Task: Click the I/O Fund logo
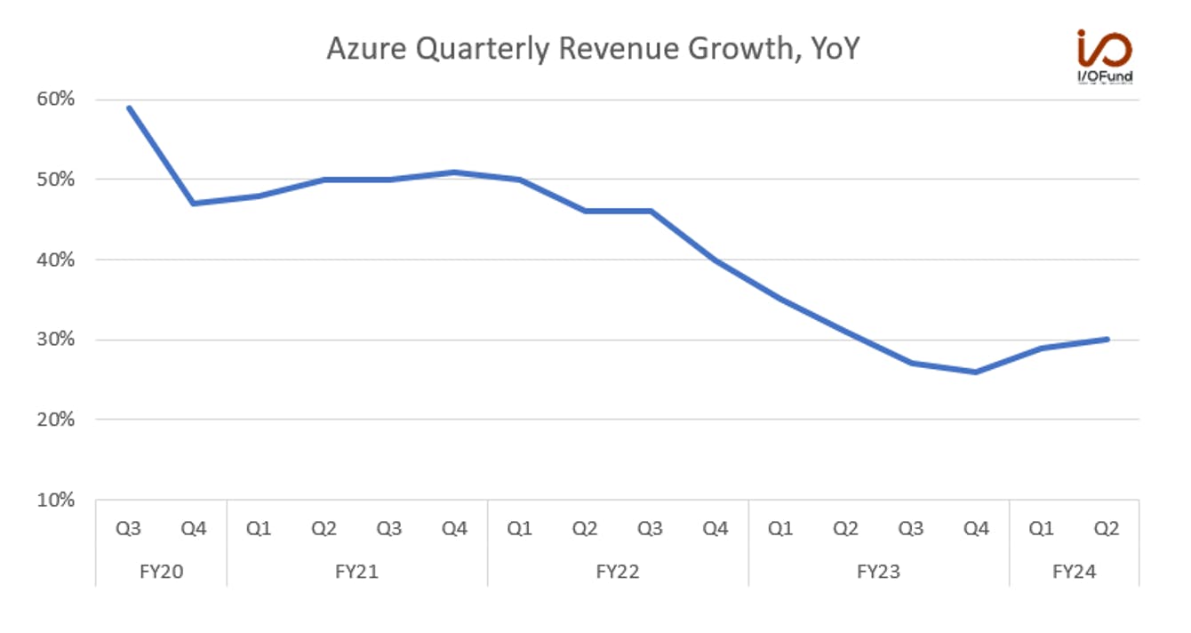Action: pyautogui.click(x=1105, y=56)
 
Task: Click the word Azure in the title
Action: pyautogui.click(x=366, y=48)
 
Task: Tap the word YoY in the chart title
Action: pyautogui.click(x=835, y=48)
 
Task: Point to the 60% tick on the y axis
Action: pyautogui.click(x=56, y=99)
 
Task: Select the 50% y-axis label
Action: pyautogui.click(x=56, y=180)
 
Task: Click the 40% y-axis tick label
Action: pyautogui.click(x=56, y=260)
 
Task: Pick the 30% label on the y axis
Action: pyautogui.click(x=56, y=340)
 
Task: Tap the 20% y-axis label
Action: pyautogui.click(x=56, y=420)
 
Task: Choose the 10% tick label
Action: pyautogui.click(x=56, y=500)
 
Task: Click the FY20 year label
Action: pyautogui.click(x=162, y=572)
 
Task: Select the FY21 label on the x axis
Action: pyautogui.click(x=356, y=572)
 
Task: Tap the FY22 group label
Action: pyautogui.click(x=618, y=572)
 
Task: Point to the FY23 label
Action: pyautogui.click(x=879, y=572)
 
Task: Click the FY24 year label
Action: pyautogui.click(x=1075, y=572)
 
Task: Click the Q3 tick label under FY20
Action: pyautogui.click(x=129, y=529)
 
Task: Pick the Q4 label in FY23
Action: pyautogui.click(x=976, y=529)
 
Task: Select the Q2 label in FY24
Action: pyautogui.click(x=1107, y=529)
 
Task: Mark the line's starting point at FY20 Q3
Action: pyautogui.click(x=129, y=108)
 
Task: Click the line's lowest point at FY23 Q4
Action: pyautogui.click(x=976, y=372)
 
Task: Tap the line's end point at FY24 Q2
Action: pyautogui.click(x=1107, y=340)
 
